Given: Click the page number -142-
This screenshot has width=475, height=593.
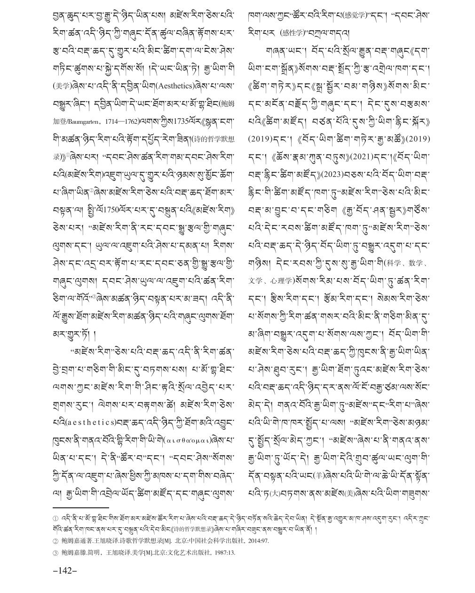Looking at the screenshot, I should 65,571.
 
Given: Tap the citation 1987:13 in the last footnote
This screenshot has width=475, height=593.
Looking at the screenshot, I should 223,552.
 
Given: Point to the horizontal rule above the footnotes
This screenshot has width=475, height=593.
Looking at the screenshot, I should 80,507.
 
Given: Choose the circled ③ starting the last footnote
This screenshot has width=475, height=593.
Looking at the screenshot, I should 56,552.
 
